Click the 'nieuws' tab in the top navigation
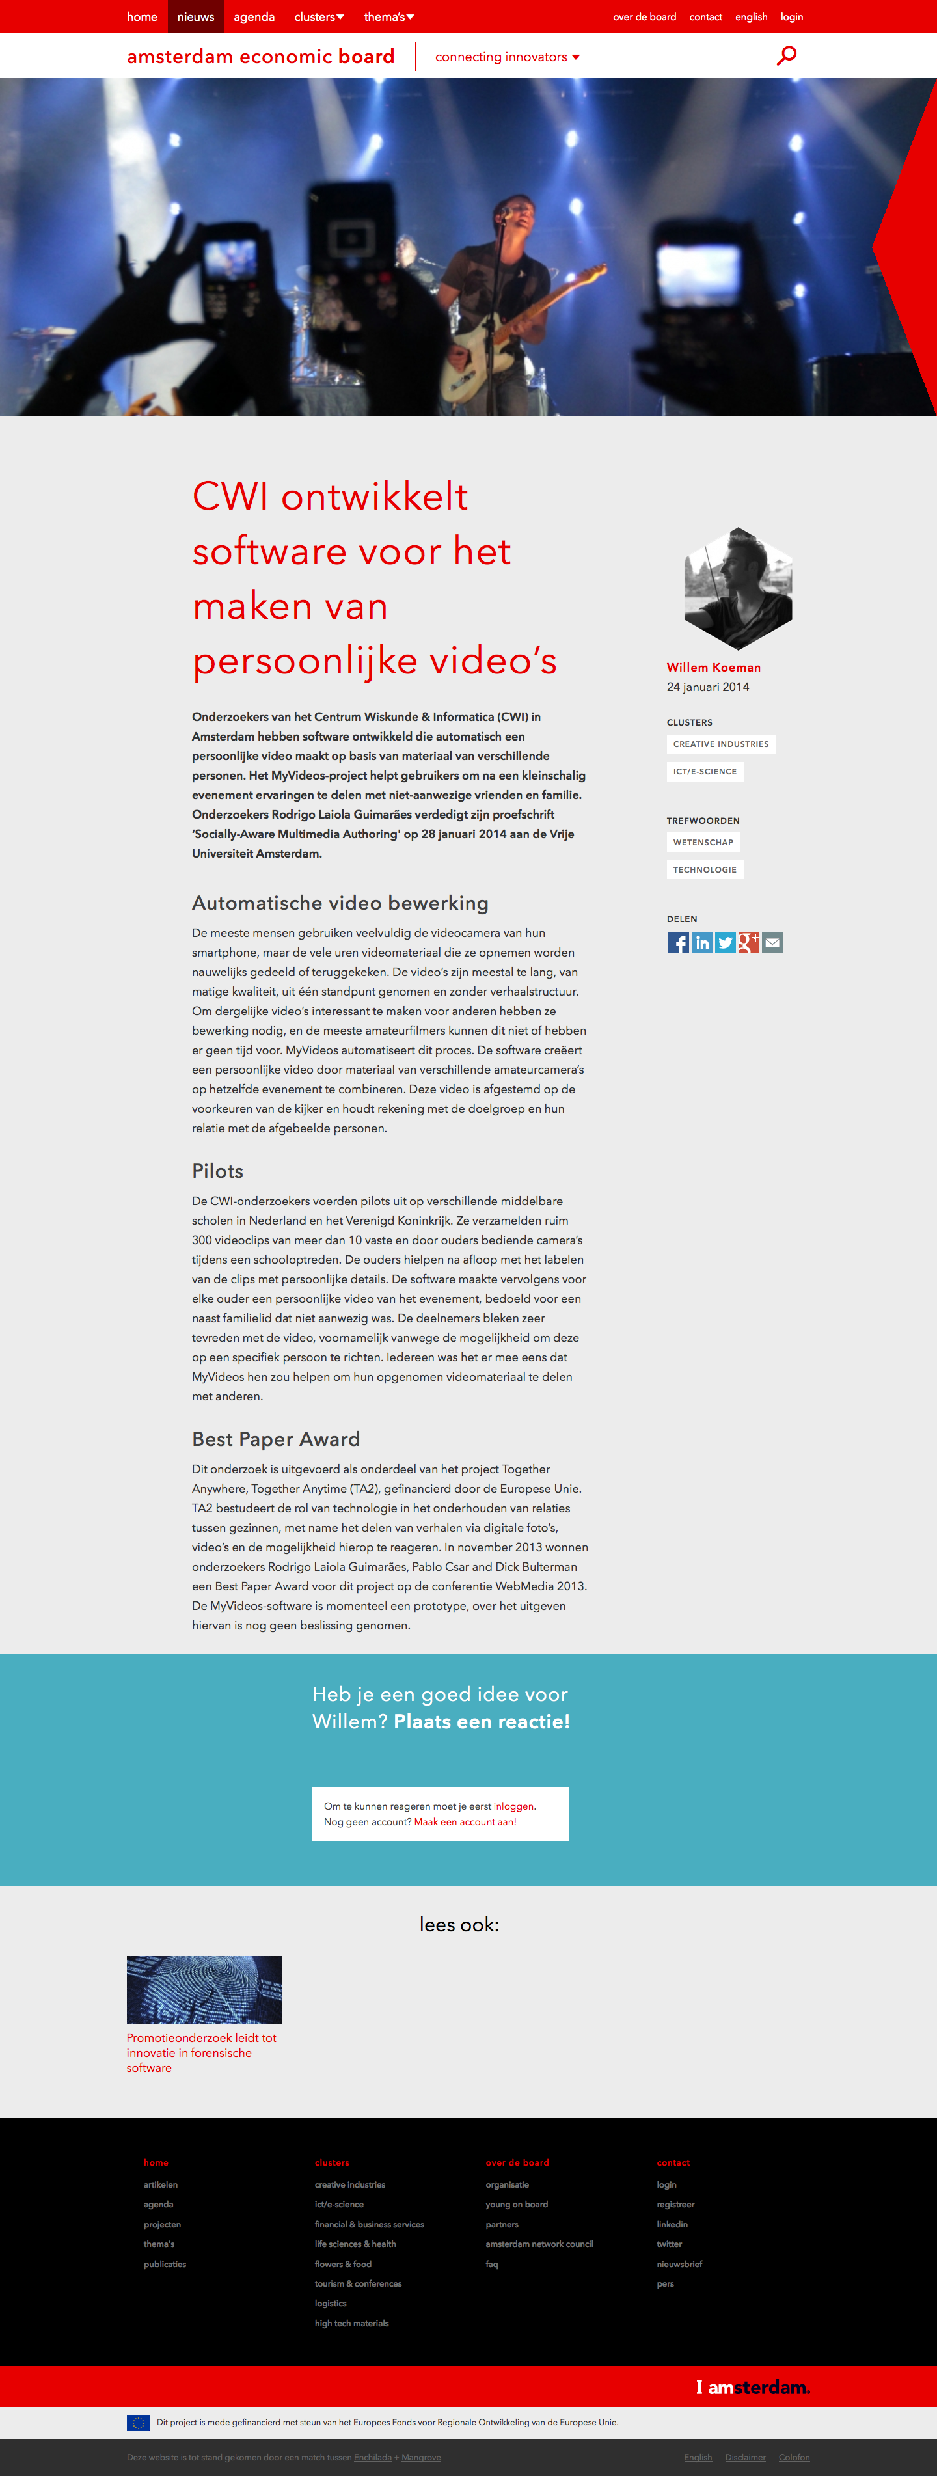click(195, 16)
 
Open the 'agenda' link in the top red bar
click(254, 16)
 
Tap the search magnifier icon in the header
click(786, 56)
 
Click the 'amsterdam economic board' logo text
click(260, 57)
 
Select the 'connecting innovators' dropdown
click(506, 57)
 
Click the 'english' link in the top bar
click(750, 16)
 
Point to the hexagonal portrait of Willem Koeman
click(737, 588)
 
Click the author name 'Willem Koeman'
click(713, 667)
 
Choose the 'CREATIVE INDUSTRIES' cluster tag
click(721, 744)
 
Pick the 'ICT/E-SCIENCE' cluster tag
click(705, 771)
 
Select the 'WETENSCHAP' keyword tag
click(703, 842)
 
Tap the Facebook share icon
click(679, 943)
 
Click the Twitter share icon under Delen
click(726, 943)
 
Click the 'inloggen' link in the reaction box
click(513, 1806)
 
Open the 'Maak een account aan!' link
click(465, 1821)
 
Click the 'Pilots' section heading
click(217, 1171)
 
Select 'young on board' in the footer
click(516, 2204)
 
